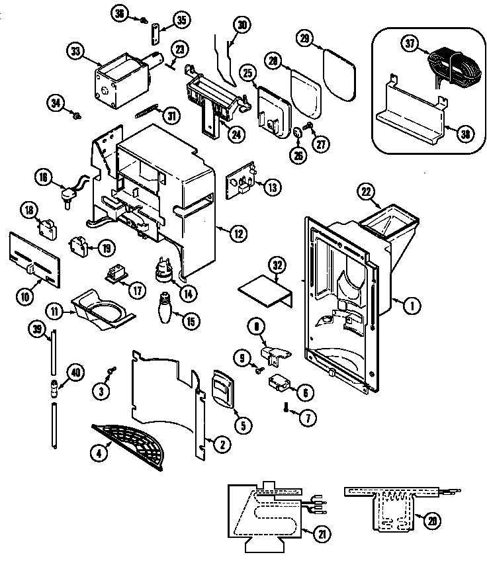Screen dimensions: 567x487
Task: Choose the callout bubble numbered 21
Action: [x=323, y=533]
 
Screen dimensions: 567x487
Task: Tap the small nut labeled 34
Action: [x=76, y=117]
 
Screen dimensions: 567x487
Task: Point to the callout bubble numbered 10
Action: [x=24, y=297]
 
